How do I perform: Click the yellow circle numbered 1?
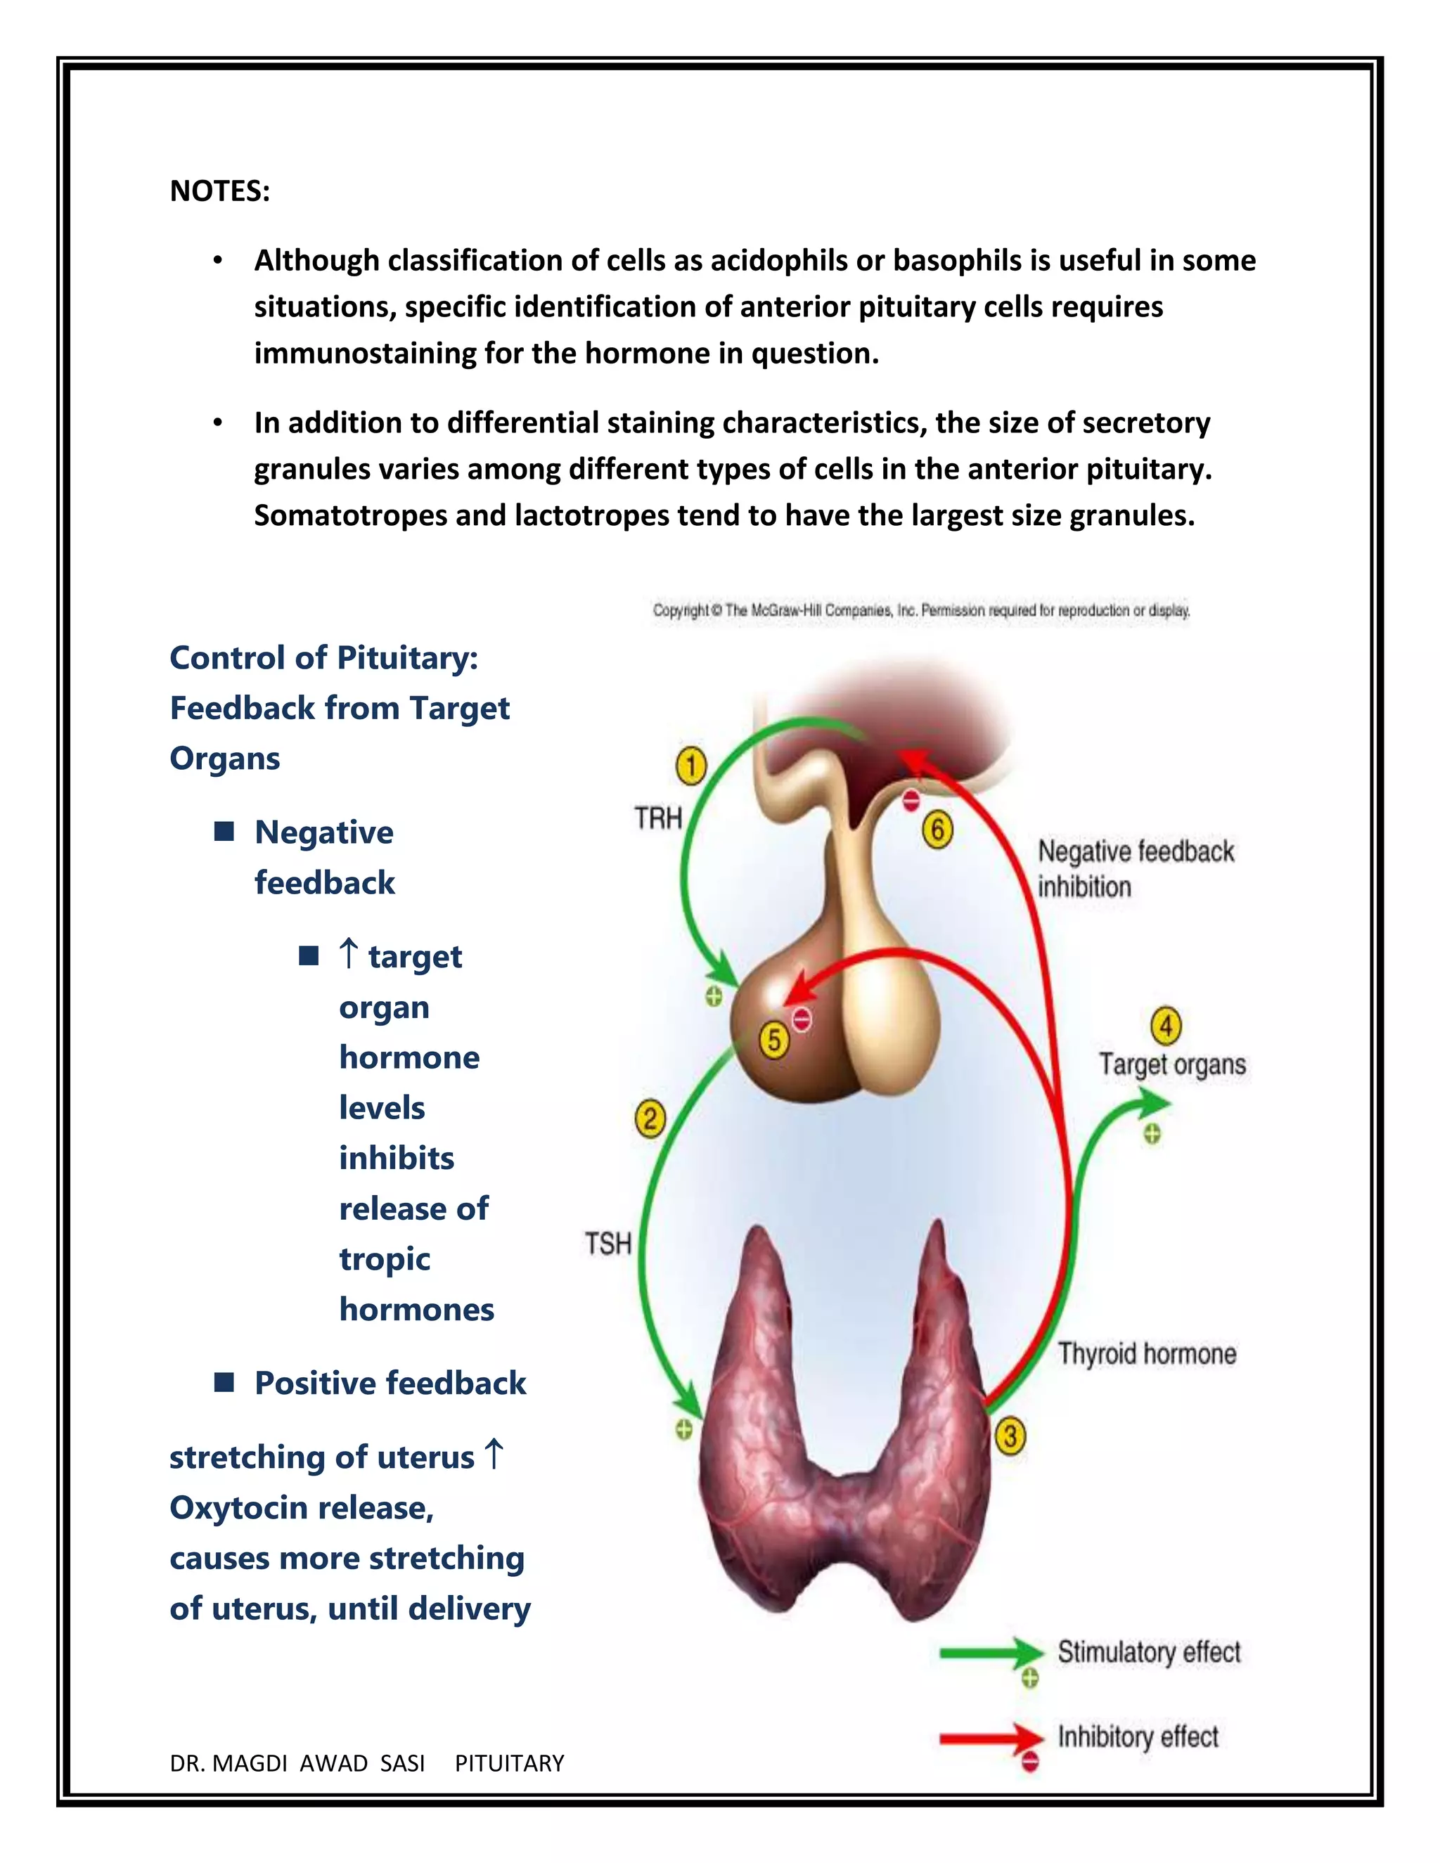pyautogui.click(x=691, y=765)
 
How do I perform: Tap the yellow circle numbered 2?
pyautogui.click(x=650, y=1119)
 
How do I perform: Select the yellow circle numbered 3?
pyautogui.click(x=1010, y=1436)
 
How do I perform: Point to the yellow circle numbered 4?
pyautogui.click(x=1166, y=1026)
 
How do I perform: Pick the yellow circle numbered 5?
pyautogui.click(x=773, y=1040)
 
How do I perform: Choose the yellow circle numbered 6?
pyautogui.click(x=937, y=829)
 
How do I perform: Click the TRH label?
pyautogui.click(x=657, y=818)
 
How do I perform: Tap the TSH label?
pyautogui.click(x=608, y=1244)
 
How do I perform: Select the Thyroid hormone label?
pyautogui.click(x=1147, y=1354)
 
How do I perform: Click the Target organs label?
pyautogui.click(x=1172, y=1064)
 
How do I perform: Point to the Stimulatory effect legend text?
pyautogui.click(x=1148, y=1652)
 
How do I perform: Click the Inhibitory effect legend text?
pyautogui.click(x=1137, y=1736)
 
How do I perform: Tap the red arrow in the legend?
pyautogui.click(x=989, y=1738)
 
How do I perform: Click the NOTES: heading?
pyautogui.click(x=220, y=191)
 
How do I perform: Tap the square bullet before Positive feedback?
pyautogui.click(x=224, y=1382)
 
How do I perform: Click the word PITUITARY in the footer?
pyautogui.click(x=509, y=1763)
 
